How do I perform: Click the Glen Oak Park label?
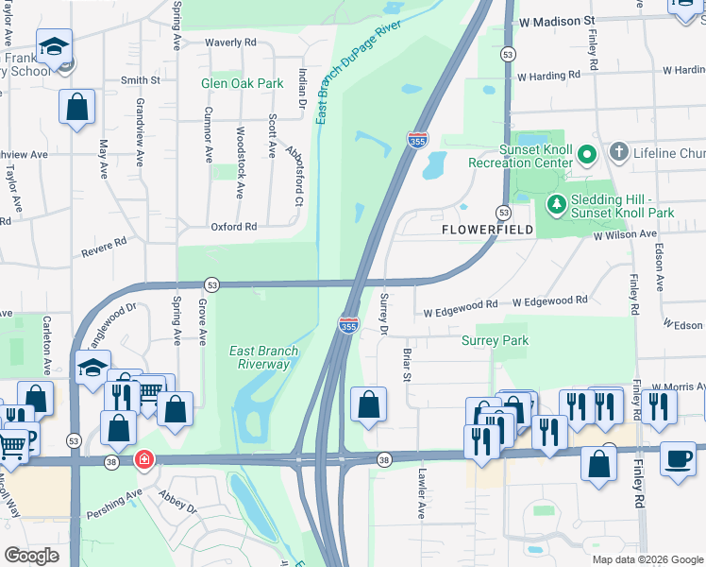coord(243,83)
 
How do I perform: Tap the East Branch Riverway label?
coord(263,357)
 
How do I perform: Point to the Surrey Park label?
coord(495,340)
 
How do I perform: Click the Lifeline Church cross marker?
coord(618,152)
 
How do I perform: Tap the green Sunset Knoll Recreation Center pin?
coord(586,153)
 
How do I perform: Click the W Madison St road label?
coord(558,20)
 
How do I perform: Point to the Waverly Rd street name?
coord(231,43)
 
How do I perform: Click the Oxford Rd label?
coord(234,227)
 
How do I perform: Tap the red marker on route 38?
coord(143,460)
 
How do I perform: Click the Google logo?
coord(31,556)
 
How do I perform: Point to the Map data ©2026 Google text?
coord(647,559)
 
